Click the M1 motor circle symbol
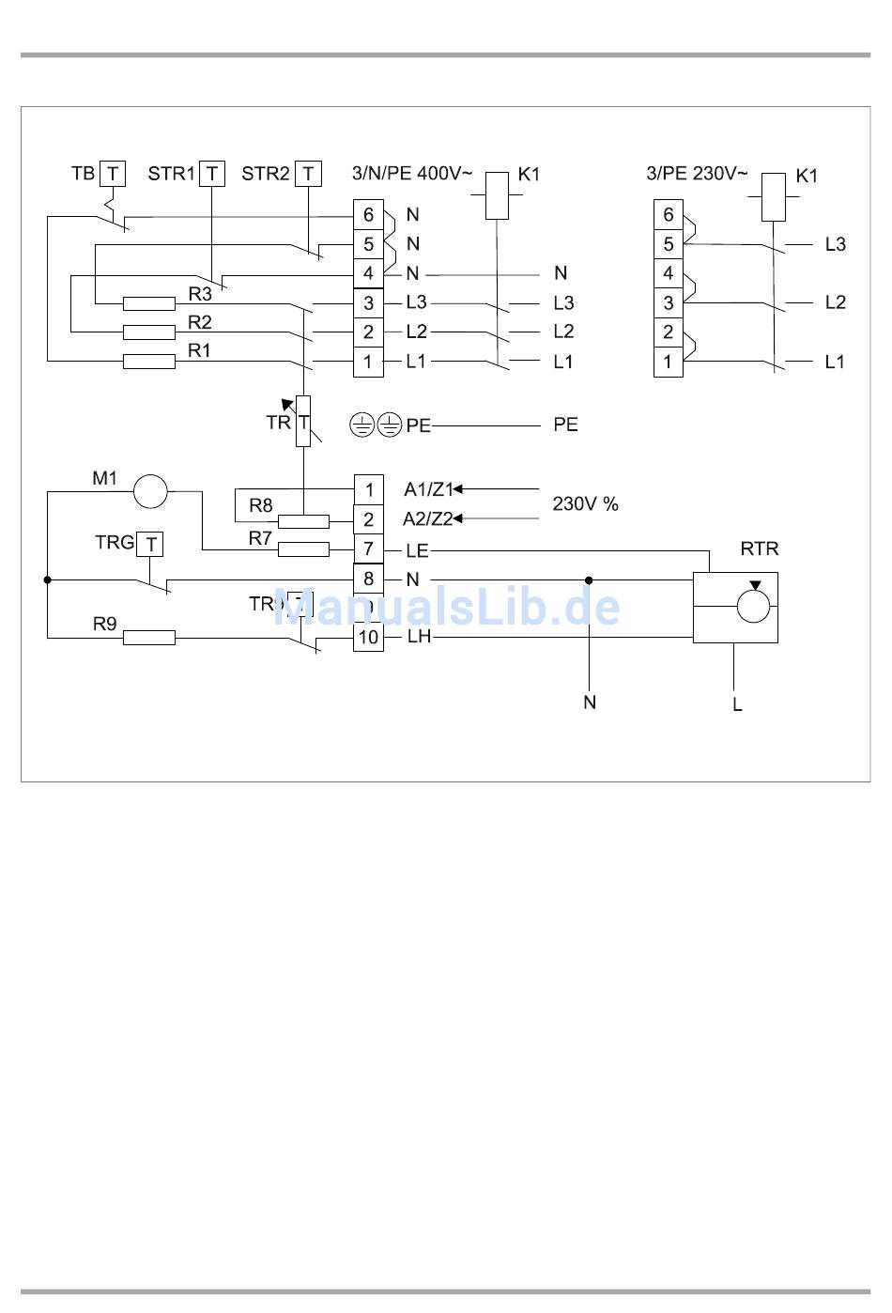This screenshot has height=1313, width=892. pos(150,491)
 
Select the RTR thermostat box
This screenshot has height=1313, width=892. pos(735,608)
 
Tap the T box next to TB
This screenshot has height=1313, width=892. pos(113,174)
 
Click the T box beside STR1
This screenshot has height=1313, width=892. pos(213,174)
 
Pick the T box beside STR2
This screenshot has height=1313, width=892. pos(308,174)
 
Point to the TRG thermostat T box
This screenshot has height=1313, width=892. pos(150,544)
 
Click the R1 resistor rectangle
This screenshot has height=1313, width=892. pos(149,362)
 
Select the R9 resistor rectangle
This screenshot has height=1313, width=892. pos(149,638)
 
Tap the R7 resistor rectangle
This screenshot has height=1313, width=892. pos(303,549)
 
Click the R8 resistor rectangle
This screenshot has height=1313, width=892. pos(303,521)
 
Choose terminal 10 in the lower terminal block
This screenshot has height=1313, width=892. pos(368,638)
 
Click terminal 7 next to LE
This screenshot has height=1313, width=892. pos(368,549)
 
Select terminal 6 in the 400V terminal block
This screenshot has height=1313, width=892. pos(368,214)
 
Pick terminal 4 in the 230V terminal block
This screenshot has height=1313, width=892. pos(668,273)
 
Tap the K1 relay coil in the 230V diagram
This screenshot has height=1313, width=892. pos(773,197)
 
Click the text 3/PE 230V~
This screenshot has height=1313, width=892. pos(697,174)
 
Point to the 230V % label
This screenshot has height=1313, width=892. pos(585,504)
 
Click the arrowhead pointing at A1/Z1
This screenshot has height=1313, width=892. pos(458,489)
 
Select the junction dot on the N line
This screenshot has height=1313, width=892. pos(589,579)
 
